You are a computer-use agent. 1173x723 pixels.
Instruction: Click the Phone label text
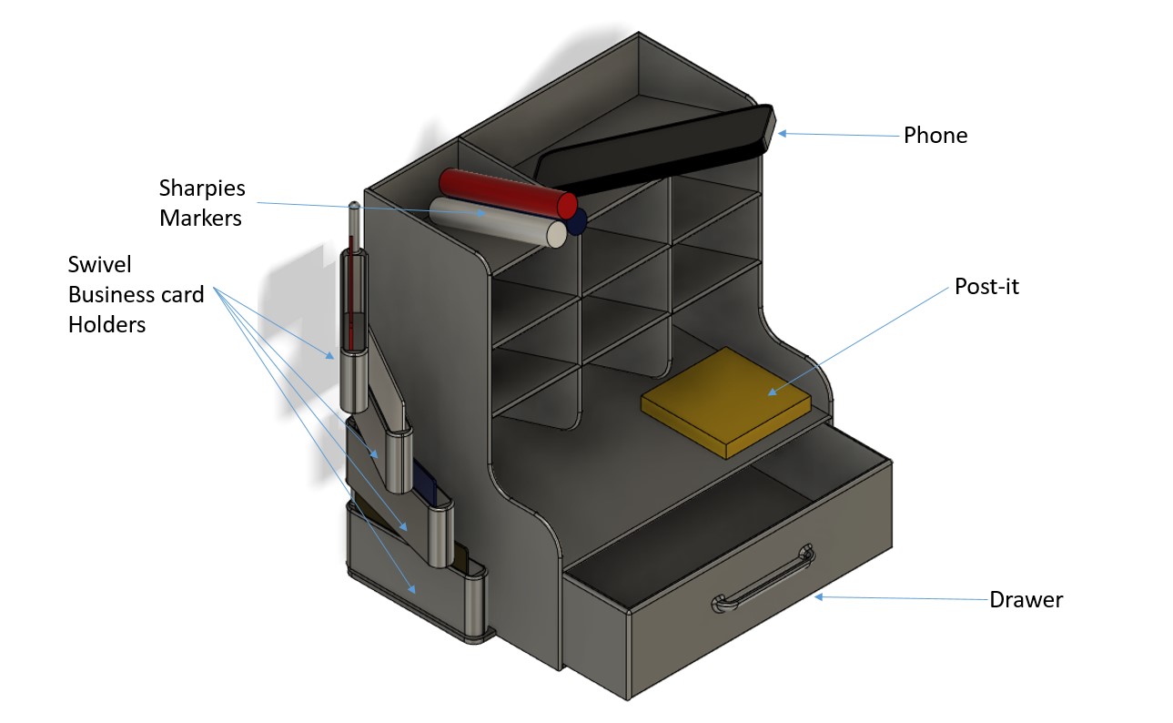935,136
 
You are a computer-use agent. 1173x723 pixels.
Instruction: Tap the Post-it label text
986,287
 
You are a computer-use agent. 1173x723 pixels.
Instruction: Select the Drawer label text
1026,600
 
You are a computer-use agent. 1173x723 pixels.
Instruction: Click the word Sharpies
202,188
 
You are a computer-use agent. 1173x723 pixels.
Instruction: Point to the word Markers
200,218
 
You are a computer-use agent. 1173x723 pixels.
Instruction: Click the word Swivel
99,265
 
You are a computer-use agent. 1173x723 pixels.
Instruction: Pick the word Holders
106,325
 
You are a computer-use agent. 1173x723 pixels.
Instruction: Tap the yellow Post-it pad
726,402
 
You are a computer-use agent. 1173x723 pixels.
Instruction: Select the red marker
508,193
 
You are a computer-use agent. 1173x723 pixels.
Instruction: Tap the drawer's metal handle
763,578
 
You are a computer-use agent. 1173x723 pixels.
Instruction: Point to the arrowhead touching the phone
782,134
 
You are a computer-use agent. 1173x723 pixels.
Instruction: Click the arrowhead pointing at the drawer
818,596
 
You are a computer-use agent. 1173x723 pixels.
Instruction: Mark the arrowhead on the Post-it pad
772,392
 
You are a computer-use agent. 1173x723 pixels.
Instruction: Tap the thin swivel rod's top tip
355,205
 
